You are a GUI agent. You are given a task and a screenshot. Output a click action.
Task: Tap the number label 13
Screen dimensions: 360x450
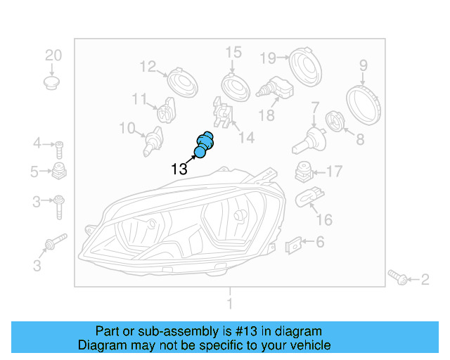(x=179, y=169)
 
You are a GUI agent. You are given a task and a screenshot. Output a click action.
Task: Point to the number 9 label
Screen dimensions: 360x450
(x=364, y=66)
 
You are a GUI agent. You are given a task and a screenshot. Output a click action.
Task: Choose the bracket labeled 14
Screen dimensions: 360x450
(x=222, y=115)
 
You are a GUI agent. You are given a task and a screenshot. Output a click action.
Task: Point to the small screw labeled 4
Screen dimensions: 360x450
(x=60, y=148)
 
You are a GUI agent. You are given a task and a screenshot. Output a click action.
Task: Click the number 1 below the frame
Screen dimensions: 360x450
(x=229, y=304)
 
